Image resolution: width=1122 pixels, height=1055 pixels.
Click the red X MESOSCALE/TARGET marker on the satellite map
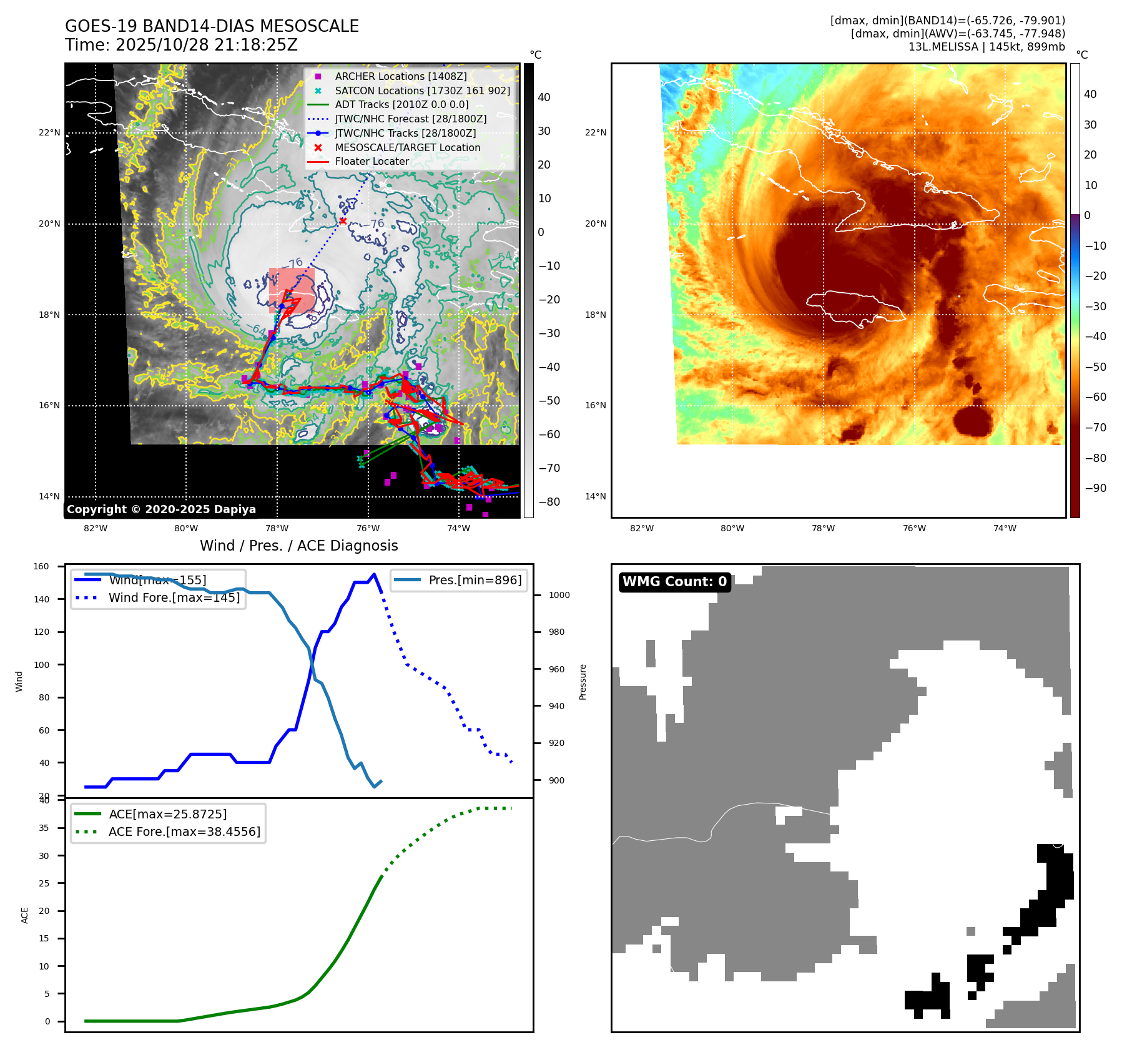pyautogui.click(x=343, y=221)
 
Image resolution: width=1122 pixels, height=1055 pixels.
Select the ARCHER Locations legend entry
pyautogui.click(x=400, y=76)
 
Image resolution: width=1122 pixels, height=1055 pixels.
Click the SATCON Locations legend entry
pyautogui.click(x=422, y=91)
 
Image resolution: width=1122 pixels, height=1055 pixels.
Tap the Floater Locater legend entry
pyautogui.click(x=372, y=161)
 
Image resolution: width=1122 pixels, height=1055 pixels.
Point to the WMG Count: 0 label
pyautogui.click(x=674, y=582)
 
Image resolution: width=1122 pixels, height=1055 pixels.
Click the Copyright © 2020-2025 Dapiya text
pyautogui.click(x=161, y=509)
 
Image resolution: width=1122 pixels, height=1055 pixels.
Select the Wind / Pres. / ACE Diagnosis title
pyautogui.click(x=298, y=546)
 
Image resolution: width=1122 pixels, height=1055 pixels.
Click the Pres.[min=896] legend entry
pyautogui.click(x=475, y=580)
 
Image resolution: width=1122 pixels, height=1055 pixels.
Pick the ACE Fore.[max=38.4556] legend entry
pyautogui.click(x=184, y=832)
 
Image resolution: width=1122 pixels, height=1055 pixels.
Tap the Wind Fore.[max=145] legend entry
pyautogui.click(x=174, y=597)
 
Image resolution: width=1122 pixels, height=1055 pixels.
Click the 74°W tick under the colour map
pyautogui.click(x=1005, y=528)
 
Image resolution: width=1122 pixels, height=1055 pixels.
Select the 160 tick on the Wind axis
pyautogui.click(x=41, y=567)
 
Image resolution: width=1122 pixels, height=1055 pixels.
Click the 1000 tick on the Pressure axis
pyautogui.click(x=559, y=595)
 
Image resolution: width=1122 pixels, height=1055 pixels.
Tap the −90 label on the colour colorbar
pyautogui.click(x=1096, y=488)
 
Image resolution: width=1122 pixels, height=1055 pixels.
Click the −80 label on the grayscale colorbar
pyautogui.click(x=549, y=502)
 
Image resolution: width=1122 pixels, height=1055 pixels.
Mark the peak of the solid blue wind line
pyautogui.click(x=374, y=574)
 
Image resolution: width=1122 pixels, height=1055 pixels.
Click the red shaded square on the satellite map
pyautogui.click(x=292, y=290)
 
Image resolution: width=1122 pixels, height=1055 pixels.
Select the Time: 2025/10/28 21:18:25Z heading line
pyautogui.click(x=181, y=45)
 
